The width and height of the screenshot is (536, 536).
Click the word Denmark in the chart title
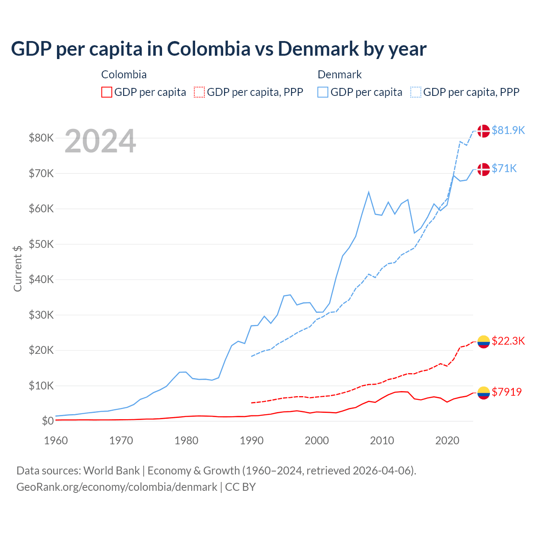pos(318,49)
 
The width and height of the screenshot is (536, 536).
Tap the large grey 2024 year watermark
pos(100,142)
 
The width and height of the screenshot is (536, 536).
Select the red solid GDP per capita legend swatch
pos(107,92)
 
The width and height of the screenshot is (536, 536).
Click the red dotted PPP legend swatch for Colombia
pos(199,92)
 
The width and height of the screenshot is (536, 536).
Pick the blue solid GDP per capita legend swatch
pos(323,92)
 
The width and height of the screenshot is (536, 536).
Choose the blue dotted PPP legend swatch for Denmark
pos(416,92)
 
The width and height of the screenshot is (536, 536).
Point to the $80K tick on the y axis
pos(41,138)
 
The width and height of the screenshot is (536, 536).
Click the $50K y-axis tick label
pos(41,244)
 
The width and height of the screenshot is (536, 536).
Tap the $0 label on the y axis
pos(48,421)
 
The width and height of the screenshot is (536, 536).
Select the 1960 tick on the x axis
pos(56,441)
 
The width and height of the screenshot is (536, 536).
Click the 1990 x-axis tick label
pos(251,441)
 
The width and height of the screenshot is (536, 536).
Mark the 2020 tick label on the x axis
pos(447,441)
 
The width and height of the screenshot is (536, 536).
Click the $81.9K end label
pos(508,130)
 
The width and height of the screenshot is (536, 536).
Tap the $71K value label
pos(504,168)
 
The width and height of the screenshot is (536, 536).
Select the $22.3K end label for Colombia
pos(508,341)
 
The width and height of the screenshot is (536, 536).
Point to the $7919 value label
pos(507,392)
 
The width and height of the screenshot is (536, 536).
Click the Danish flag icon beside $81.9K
pos(484,131)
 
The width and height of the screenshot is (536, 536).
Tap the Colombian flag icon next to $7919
pos(484,392)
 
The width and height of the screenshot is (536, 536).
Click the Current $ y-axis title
pos(18,268)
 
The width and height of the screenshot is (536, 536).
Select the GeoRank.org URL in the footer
pos(117,487)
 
